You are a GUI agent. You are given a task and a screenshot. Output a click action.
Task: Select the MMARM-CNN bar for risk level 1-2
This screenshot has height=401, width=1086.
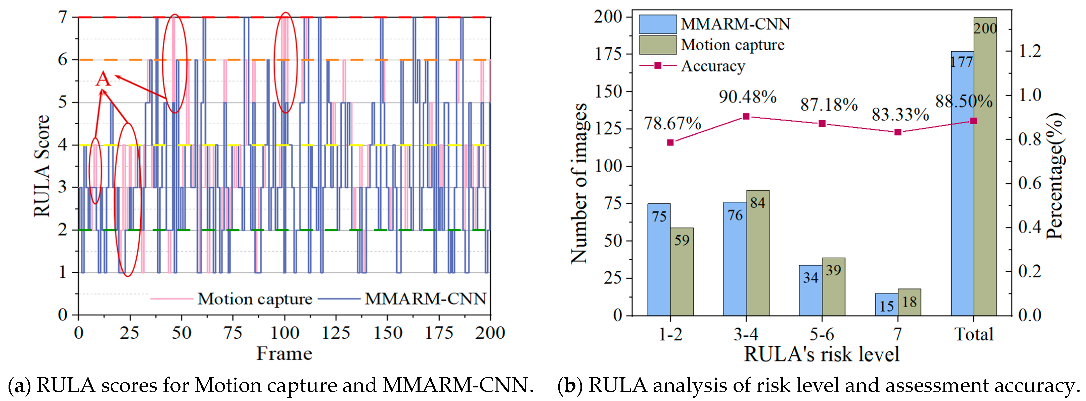[x=659, y=260]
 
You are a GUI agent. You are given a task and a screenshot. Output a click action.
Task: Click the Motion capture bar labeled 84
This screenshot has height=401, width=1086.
[x=758, y=253]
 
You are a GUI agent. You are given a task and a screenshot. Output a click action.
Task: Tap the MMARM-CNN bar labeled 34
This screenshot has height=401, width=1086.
[x=810, y=290]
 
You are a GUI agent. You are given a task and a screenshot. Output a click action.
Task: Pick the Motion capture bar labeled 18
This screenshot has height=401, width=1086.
[x=909, y=302]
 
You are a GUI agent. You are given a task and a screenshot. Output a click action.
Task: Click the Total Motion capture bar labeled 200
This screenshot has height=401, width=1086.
[x=985, y=169]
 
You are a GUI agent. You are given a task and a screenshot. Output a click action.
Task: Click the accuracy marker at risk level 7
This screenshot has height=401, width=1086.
[x=898, y=132]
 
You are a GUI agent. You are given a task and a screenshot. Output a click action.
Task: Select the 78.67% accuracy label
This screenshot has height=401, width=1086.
[x=672, y=123]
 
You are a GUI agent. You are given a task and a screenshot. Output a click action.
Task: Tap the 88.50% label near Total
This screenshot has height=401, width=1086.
[x=964, y=101]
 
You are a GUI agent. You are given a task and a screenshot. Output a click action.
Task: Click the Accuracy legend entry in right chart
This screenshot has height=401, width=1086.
[x=712, y=66]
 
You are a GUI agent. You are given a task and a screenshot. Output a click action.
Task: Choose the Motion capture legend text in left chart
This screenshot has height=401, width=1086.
[x=255, y=299]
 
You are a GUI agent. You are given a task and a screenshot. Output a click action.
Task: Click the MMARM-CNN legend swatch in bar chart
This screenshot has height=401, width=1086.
[x=658, y=24]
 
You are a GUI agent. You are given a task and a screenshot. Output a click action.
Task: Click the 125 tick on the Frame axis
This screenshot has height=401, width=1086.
[x=336, y=333]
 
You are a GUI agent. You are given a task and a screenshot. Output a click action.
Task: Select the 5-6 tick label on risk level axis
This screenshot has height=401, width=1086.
[x=822, y=334]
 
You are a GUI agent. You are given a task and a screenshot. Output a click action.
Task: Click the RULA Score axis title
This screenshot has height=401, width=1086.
[x=42, y=166]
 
